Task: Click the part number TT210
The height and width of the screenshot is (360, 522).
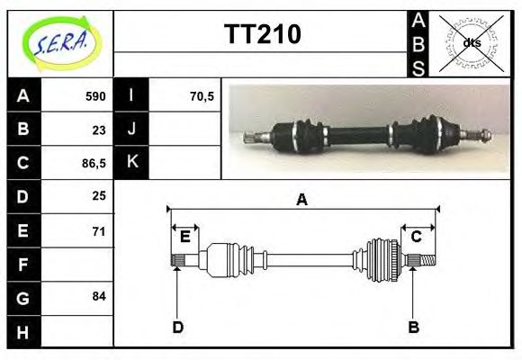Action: click(x=262, y=34)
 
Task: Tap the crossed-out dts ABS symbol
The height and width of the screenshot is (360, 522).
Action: click(x=469, y=42)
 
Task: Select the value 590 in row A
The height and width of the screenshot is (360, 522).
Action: click(x=95, y=95)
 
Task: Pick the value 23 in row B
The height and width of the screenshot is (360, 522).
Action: click(x=99, y=129)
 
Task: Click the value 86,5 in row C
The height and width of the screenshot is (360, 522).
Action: click(x=94, y=163)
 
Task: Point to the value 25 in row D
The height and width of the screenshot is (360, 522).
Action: click(x=99, y=195)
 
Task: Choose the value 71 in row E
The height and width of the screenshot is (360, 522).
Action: click(x=99, y=230)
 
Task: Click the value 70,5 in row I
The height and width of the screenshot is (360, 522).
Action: click(x=202, y=95)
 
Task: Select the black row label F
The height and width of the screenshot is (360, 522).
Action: click(x=23, y=265)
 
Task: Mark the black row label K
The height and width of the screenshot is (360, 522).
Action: click(x=132, y=163)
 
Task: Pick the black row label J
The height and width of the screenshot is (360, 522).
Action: click(x=132, y=129)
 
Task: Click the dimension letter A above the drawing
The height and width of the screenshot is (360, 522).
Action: click(x=302, y=200)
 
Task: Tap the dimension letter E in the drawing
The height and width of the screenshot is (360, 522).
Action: click(x=184, y=237)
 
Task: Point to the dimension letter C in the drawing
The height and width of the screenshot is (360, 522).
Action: click(x=417, y=237)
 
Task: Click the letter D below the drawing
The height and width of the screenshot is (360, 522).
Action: click(x=177, y=327)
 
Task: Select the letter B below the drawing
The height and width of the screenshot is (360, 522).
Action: click(x=413, y=327)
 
